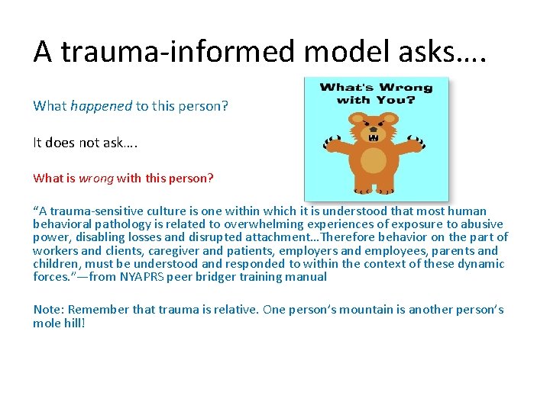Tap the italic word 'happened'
101,106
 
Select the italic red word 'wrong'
95,178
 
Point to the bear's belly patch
374,160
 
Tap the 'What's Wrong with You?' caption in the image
375,93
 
